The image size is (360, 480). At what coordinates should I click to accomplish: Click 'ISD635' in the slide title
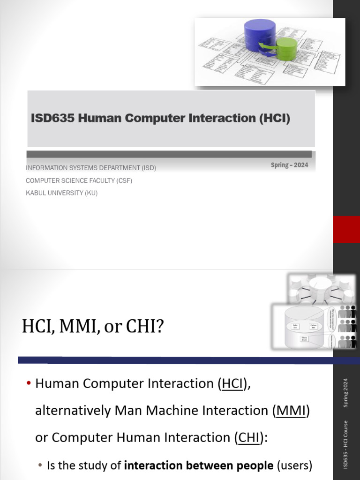click(x=52, y=119)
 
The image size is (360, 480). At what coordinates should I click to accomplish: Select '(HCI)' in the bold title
click(x=274, y=119)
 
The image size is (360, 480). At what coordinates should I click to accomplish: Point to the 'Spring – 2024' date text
click(x=289, y=165)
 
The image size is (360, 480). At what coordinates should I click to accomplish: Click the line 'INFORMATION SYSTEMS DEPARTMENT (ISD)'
click(x=91, y=168)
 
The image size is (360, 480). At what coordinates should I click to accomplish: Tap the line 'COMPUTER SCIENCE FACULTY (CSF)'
click(x=79, y=180)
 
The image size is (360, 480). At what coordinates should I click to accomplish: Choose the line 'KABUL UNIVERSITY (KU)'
click(x=61, y=193)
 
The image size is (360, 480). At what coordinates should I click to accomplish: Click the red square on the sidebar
click(x=346, y=229)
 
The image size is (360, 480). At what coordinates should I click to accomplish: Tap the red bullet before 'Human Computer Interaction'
click(x=29, y=384)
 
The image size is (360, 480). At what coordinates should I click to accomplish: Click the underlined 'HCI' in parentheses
click(x=232, y=384)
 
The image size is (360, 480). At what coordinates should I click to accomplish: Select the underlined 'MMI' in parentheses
click(x=291, y=411)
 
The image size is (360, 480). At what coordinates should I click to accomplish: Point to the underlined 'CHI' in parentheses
click(x=248, y=437)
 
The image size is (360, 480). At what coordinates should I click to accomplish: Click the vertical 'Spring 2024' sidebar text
click(x=346, y=393)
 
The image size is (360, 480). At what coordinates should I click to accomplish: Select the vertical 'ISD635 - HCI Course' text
click(x=346, y=443)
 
